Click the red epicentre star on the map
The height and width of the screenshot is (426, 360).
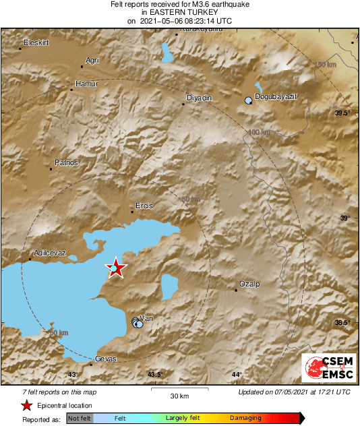pos(117,268)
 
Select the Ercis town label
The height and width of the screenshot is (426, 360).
pos(144,206)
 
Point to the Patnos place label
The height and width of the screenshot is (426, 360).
pos(66,162)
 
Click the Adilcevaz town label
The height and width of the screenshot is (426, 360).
pos(50,253)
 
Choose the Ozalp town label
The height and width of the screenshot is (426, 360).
pos(249,284)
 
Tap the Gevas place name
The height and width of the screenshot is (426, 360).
pos(107,358)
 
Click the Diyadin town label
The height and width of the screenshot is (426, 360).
pos(198,98)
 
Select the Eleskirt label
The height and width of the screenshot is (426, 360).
pos(37,42)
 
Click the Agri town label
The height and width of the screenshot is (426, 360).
pos(92,61)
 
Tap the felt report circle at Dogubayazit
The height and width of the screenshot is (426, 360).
pos(248,100)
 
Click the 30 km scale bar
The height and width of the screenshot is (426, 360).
pos(179,389)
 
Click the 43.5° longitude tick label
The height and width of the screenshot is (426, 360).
pos(156,375)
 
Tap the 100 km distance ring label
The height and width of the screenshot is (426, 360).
pos(260,132)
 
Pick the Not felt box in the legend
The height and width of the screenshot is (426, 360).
pos(80,419)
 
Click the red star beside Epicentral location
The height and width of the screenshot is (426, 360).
pos(26,405)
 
